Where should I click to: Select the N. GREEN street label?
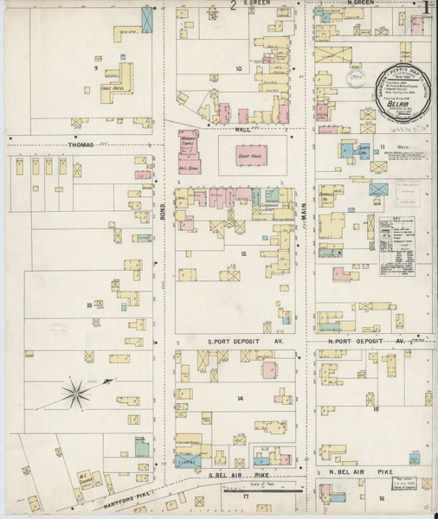tap(359, 4)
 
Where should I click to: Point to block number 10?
tap(236, 67)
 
